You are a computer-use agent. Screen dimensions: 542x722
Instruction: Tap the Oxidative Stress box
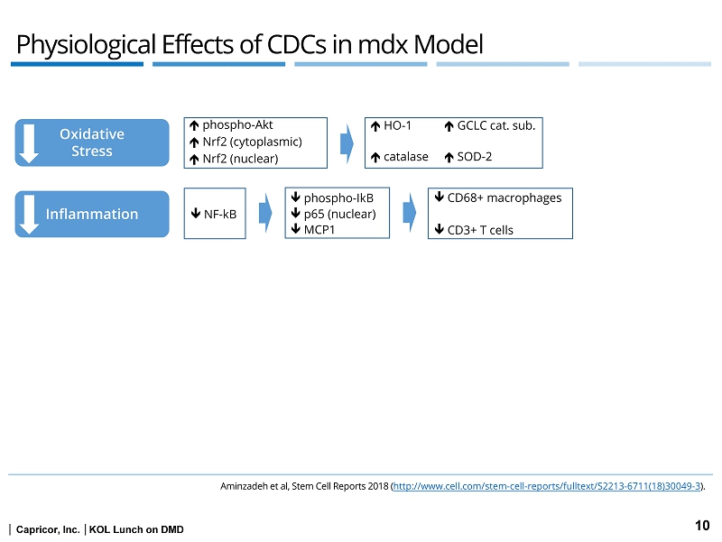(92, 142)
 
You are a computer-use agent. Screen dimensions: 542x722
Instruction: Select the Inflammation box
(92, 214)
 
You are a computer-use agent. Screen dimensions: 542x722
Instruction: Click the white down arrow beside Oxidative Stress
(30, 142)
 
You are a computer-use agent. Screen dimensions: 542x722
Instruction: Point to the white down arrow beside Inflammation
(30, 214)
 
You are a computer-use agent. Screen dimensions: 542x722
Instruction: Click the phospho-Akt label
(237, 125)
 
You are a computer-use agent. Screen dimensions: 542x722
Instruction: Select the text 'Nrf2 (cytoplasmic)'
(252, 142)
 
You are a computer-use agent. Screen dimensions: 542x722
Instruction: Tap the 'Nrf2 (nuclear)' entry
(240, 159)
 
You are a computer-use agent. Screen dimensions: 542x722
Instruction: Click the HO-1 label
(397, 125)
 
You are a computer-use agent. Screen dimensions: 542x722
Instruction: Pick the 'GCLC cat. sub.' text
(496, 125)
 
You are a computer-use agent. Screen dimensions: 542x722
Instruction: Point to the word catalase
(406, 157)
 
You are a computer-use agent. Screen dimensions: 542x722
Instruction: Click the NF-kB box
(215, 214)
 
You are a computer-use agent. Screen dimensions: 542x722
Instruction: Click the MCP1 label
(321, 228)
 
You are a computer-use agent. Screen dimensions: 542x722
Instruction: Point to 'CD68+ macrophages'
(504, 198)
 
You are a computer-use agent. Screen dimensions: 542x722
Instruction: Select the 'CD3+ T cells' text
(480, 230)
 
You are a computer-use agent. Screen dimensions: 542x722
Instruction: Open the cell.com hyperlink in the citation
(548, 486)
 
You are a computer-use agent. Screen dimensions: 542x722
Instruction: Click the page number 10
(702, 525)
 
